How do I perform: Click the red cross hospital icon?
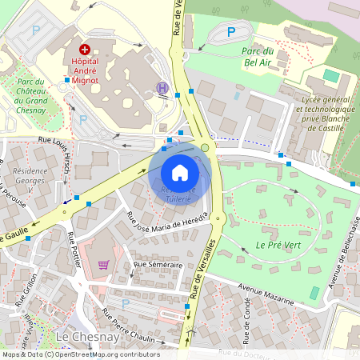[x=85, y=49]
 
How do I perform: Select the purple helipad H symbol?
[x=162, y=87]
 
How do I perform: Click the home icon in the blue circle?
[x=180, y=173]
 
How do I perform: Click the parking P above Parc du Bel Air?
[x=231, y=32]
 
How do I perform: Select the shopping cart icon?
[x=103, y=265]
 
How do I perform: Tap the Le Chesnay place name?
[x=88, y=338]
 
